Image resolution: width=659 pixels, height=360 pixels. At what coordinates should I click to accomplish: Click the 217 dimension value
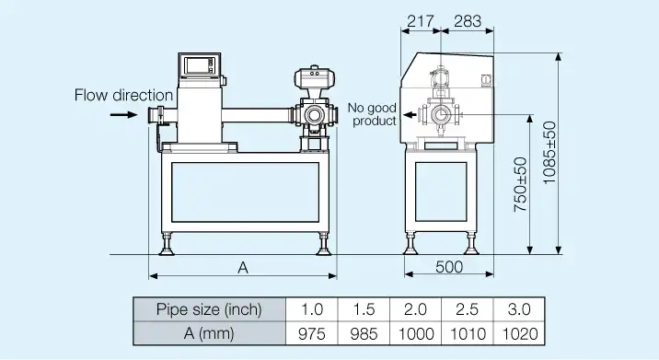421,21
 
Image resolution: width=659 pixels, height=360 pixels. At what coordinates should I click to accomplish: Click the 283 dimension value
468,21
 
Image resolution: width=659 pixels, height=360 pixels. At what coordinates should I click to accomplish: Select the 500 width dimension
449,267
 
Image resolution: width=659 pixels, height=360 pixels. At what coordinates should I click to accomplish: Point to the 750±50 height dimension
520,184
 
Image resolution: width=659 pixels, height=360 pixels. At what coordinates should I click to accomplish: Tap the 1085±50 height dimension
549,153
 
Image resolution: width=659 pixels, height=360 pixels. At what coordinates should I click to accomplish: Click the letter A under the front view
243,268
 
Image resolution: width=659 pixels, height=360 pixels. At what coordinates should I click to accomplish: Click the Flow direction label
123,95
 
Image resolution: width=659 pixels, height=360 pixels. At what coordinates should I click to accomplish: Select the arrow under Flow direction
123,114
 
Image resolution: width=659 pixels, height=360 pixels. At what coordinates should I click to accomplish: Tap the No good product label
373,114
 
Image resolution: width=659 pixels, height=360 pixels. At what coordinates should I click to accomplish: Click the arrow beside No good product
410,114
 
